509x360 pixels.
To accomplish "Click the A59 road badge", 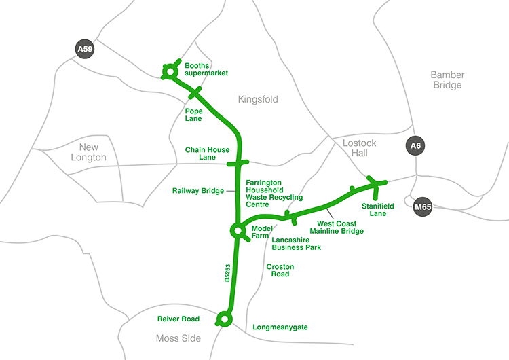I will tap(84, 49).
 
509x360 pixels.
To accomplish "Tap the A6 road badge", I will tap(414, 145).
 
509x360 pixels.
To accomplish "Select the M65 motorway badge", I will tap(423, 207).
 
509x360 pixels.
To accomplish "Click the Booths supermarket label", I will tap(206, 69).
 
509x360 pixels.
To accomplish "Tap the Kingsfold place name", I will tap(258, 99).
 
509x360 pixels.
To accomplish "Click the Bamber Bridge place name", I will tap(446, 79).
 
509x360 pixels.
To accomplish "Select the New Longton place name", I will tap(88, 152).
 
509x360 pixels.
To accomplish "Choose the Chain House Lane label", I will tap(207, 154).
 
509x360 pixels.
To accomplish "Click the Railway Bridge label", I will tap(198, 191).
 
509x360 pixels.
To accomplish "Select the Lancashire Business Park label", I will tap(296, 243).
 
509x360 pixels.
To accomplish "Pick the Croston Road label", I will tap(278, 270).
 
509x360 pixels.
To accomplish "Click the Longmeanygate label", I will tap(280, 327).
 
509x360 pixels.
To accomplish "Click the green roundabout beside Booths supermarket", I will tap(168, 70).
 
